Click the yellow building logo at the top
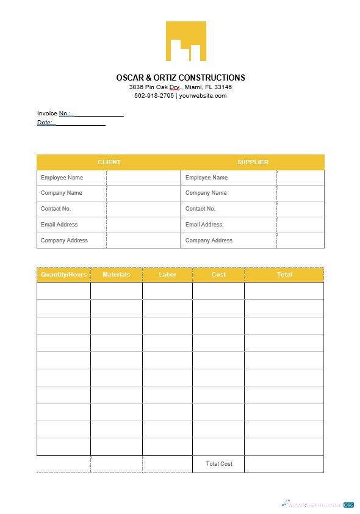click(185, 42)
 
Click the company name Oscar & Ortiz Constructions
click(181, 78)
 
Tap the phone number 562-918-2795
click(154, 96)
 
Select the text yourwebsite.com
click(203, 96)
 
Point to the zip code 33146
click(223, 87)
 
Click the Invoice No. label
click(54, 114)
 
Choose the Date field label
click(45, 123)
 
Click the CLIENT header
click(109, 162)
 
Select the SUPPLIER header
click(253, 162)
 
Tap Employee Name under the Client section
click(62, 178)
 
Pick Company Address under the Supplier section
click(209, 241)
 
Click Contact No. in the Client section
click(56, 209)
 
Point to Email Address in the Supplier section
click(204, 225)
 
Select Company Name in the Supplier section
click(206, 193)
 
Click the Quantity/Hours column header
click(63, 275)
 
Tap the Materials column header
click(116, 275)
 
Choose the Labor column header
click(167, 275)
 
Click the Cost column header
click(218, 275)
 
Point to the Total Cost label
click(219, 464)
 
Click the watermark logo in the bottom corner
click(318, 505)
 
